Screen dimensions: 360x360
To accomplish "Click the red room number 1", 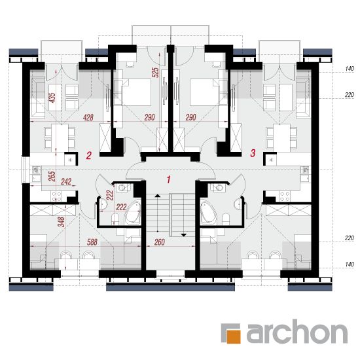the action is click(x=169, y=180).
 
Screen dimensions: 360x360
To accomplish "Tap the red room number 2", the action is click(x=88, y=155).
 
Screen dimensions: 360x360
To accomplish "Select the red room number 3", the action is click(x=253, y=153).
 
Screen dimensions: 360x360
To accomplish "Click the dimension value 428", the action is click(x=88, y=118).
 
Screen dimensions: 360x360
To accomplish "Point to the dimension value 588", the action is click(x=92, y=242).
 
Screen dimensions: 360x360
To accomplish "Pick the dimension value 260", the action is click(x=160, y=242).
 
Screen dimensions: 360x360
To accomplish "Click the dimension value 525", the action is click(x=155, y=72).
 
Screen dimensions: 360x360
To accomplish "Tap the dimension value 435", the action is click(x=52, y=98).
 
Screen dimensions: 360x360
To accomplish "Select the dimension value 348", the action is click(x=62, y=222).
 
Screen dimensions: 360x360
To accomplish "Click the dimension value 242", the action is click(x=66, y=181).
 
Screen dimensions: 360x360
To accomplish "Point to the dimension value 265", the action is click(x=52, y=176).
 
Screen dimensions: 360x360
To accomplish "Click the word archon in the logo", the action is click(x=297, y=331).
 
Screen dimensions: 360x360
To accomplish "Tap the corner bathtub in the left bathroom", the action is click(x=132, y=213).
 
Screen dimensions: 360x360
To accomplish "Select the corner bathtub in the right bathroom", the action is click(x=208, y=213).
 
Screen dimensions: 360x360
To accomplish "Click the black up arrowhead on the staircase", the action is click(x=158, y=196).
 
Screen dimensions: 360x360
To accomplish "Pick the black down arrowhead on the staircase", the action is click(x=183, y=235).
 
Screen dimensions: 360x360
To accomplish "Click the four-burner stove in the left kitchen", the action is click(x=56, y=196).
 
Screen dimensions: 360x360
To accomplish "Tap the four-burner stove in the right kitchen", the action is click(x=285, y=196).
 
